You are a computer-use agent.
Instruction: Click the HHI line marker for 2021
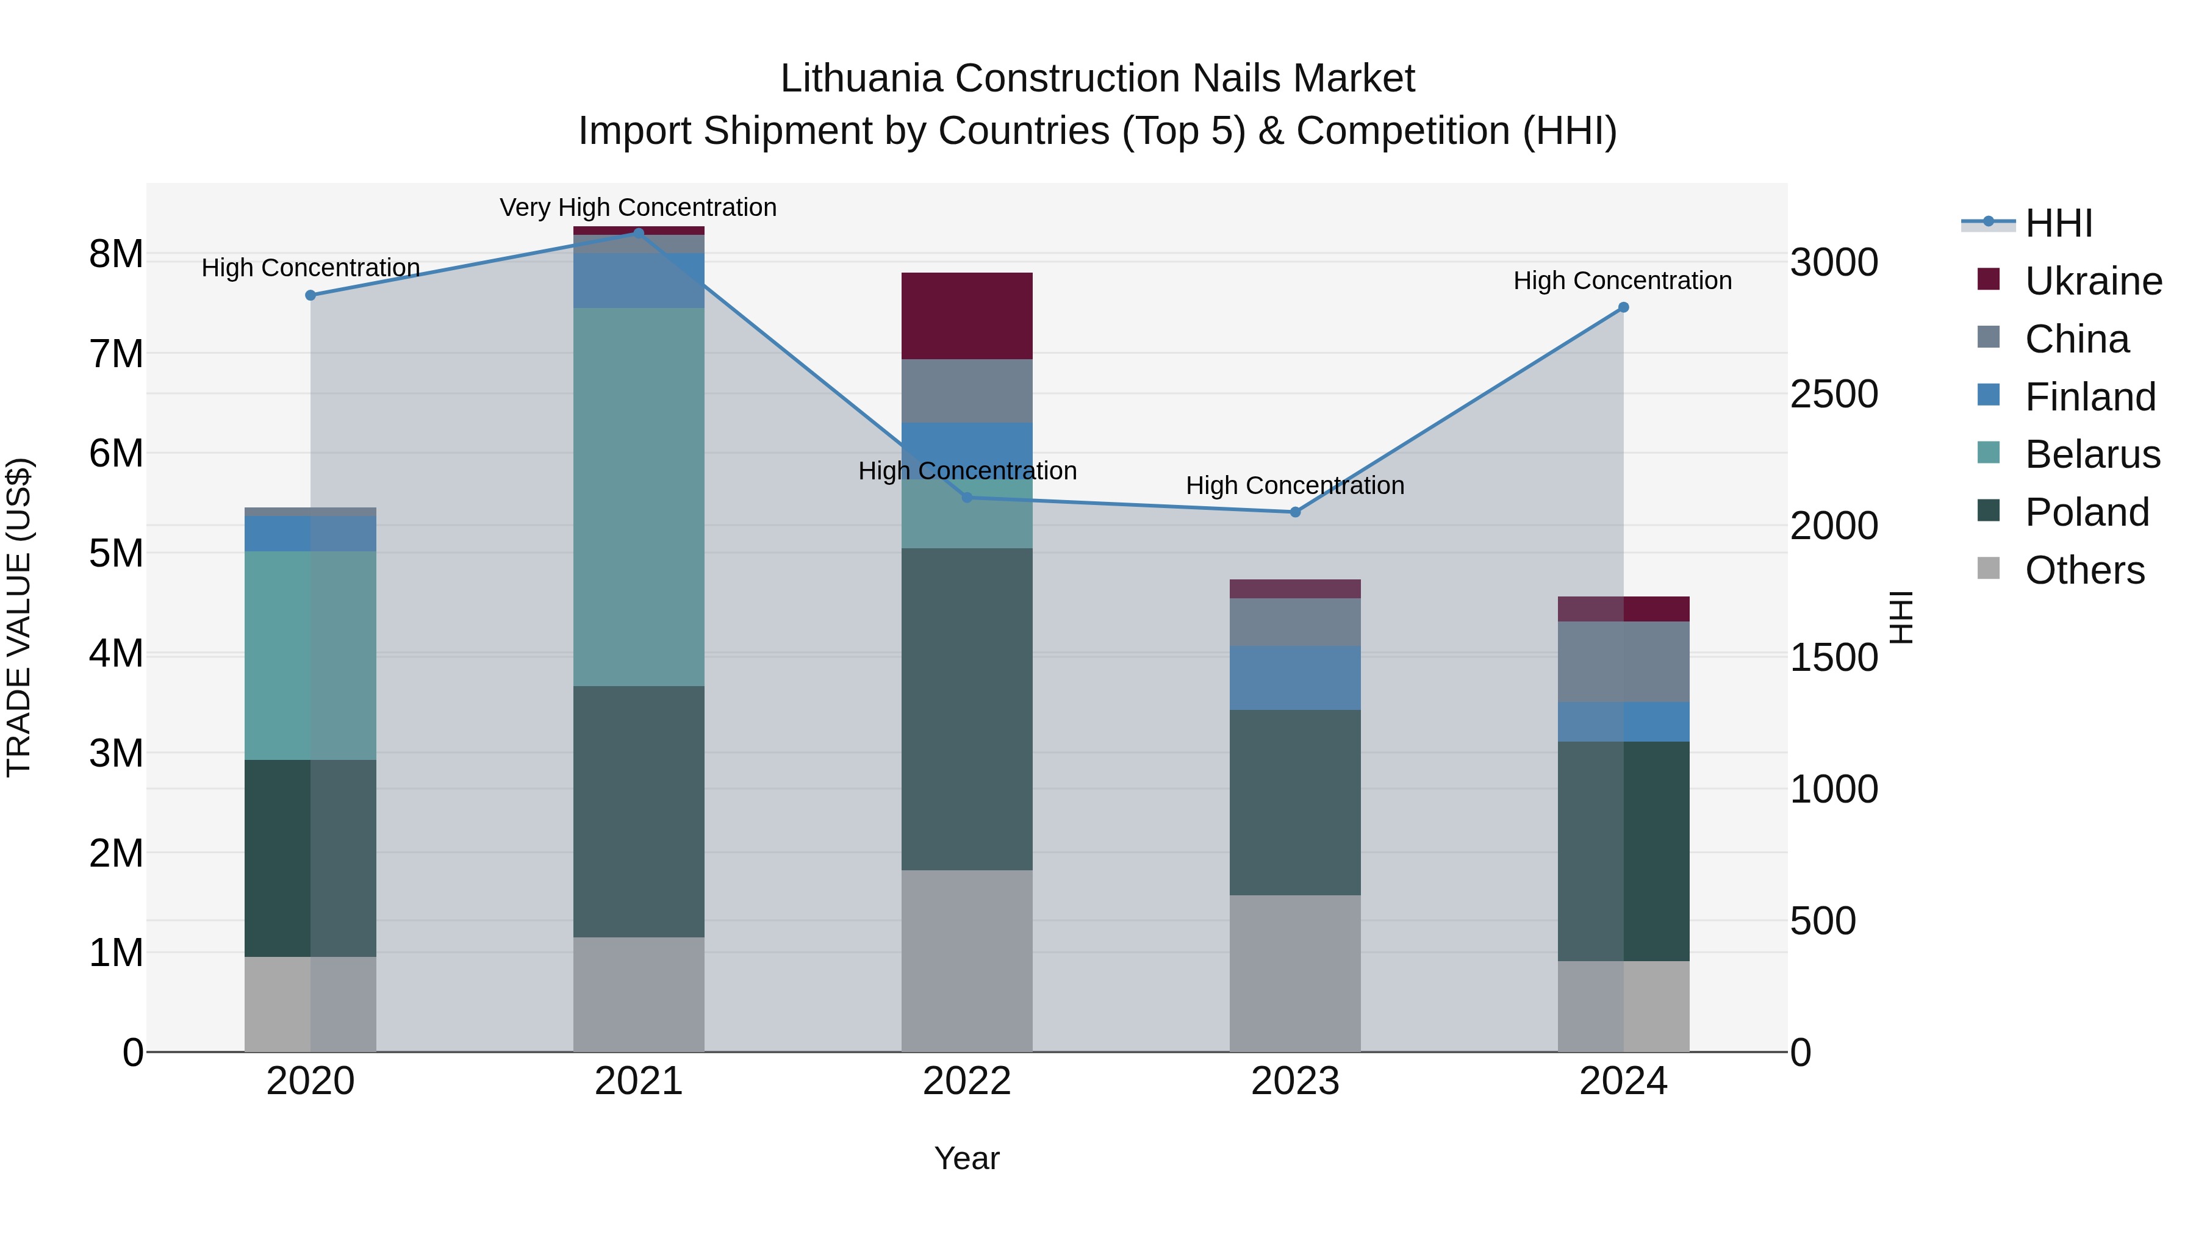[639, 233]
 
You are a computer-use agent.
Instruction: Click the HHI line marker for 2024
[1623, 308]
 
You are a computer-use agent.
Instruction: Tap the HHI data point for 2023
[1295, 512]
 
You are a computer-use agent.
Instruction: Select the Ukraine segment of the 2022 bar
[967, 316]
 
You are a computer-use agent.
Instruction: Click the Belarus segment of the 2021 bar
[639, 497]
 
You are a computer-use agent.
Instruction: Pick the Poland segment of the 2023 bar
[1295, 802]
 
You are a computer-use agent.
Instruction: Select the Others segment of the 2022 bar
[967, 961]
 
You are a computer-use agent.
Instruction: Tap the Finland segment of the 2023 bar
[1295, 678]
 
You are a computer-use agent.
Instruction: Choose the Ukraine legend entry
[2093, 281]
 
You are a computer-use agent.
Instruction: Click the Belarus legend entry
[2092, 454]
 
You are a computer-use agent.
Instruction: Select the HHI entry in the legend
[2058, 223]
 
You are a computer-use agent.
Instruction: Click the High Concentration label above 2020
[310, 268]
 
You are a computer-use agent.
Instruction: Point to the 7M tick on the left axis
[116, 354]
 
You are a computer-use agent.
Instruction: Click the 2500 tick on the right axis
[1834, 394]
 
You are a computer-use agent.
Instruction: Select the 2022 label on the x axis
[967, 1081]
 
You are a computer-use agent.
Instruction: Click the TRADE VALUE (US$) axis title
[19, 617]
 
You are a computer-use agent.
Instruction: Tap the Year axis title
[967, 1158]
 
